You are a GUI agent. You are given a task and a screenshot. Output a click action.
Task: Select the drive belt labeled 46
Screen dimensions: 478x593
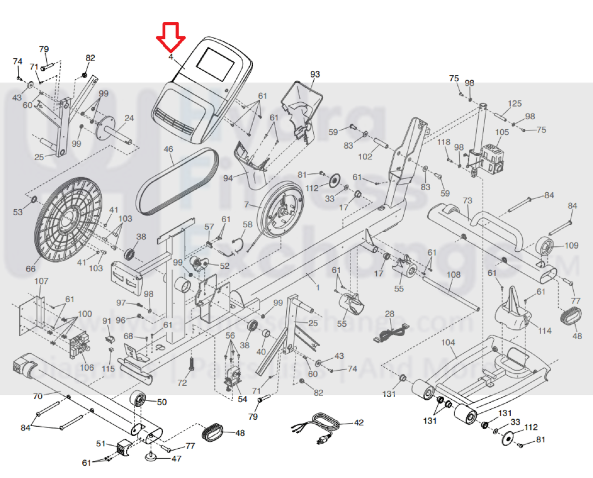tap(177, 181)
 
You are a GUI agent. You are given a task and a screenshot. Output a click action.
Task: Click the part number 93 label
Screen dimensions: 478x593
tap(315, 74)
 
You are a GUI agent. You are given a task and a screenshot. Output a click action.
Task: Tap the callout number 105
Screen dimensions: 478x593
tap(502, 132)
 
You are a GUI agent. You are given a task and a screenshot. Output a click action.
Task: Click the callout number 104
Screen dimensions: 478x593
tap(448, 342)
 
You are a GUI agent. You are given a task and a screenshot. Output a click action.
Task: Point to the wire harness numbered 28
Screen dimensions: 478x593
tap(391, 333)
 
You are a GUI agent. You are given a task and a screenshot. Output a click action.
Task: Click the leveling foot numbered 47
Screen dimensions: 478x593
tap(152, 457)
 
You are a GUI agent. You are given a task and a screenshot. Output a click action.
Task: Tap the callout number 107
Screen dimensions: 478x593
tap(41, 281)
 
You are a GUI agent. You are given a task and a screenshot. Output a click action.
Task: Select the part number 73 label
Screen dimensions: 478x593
tap(467, 201)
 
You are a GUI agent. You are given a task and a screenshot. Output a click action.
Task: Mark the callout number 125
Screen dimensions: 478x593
tap(514, 104)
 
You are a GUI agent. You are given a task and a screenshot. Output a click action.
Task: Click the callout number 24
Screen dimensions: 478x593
tap(129, 118)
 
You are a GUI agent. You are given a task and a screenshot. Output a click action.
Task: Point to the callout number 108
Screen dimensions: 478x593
tap(453, 274)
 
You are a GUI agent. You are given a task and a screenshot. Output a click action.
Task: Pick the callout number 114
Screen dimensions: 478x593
tap(545, 331)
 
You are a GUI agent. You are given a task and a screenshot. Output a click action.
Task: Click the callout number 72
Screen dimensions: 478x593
tap(182, 382)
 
